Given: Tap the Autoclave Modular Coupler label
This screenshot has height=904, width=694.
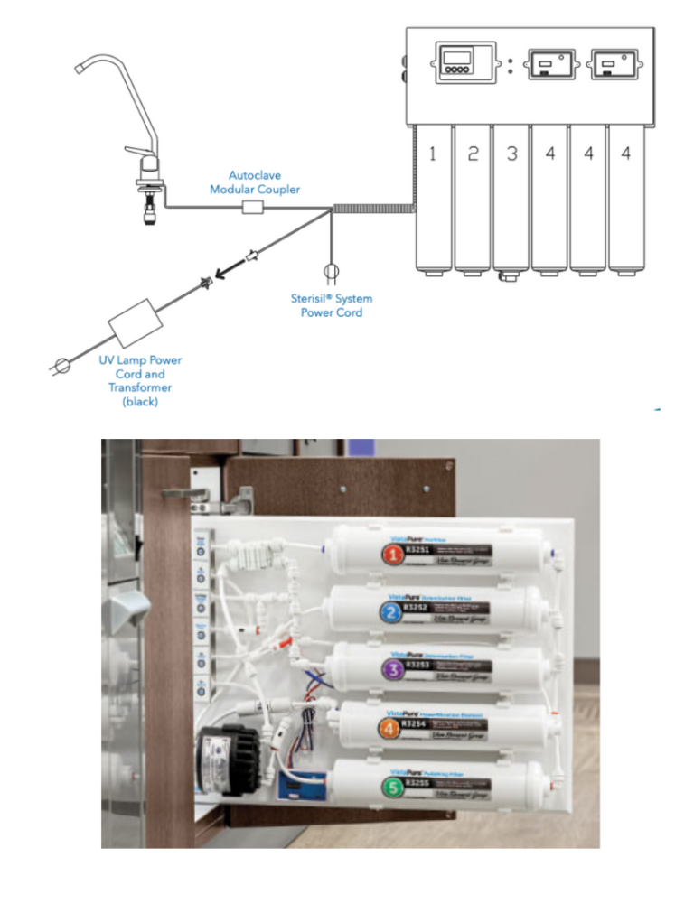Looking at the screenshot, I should point(255,182).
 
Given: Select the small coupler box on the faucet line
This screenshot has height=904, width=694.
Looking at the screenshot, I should point(254,208).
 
